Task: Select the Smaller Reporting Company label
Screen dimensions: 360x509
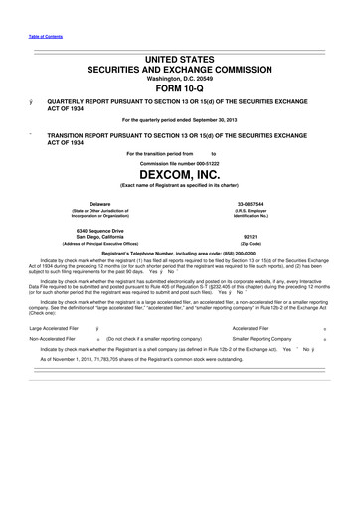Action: (x=262, y=339)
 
